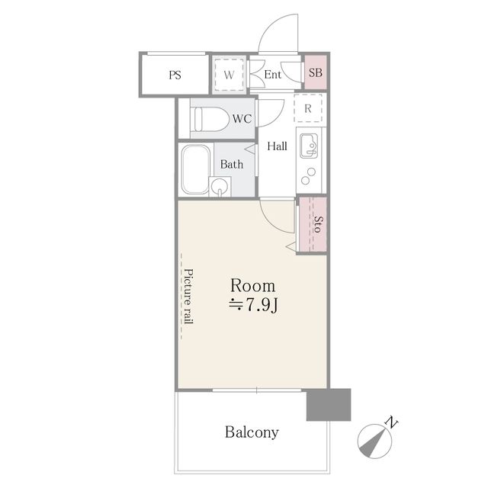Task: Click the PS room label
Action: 175,75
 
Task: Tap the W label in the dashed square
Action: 229,75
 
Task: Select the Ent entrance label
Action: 273,75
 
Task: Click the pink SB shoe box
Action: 315,72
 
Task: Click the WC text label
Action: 242,119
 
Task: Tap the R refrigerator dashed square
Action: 308,108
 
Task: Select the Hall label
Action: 277,146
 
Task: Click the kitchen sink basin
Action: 309,146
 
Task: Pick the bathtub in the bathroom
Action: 196,169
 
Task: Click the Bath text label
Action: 232,165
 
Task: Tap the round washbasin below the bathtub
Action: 220,186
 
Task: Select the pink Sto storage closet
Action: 313,224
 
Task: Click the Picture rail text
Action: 188,297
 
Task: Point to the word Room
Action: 252,286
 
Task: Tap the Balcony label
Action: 252,432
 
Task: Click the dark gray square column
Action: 329,405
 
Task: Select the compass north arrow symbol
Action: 374,441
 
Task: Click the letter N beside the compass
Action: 391,422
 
